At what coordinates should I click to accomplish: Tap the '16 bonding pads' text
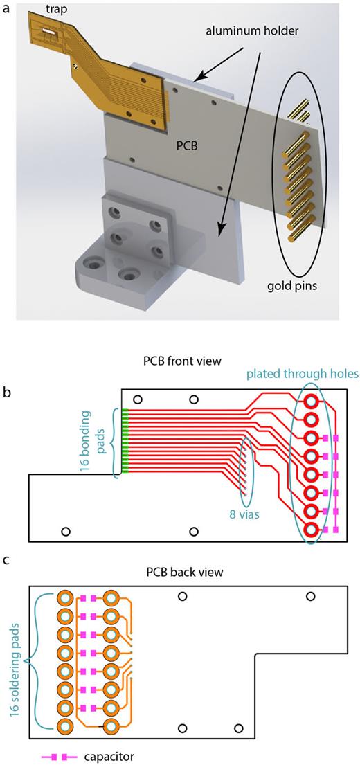[100, 443]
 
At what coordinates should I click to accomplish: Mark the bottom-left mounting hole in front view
[66, 531]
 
